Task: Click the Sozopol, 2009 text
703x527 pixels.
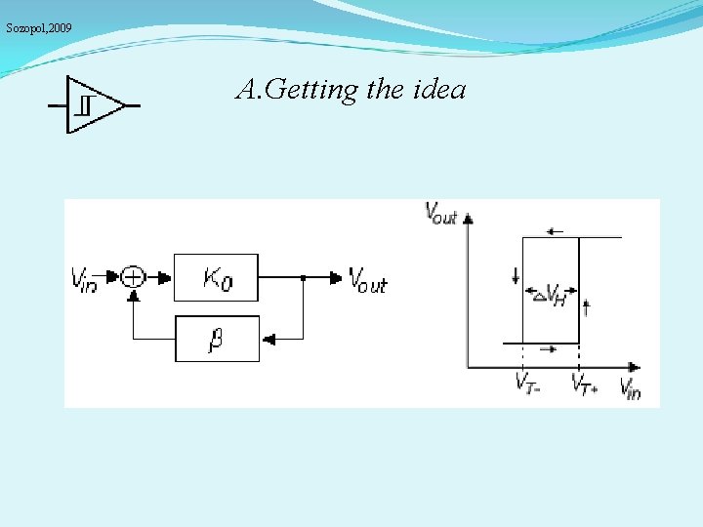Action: [38, 28]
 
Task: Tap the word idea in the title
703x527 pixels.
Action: [439, 90]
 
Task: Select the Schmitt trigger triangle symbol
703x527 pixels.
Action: [94, 103]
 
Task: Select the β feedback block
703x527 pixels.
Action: [217, 339]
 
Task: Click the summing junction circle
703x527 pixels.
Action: [133, 277]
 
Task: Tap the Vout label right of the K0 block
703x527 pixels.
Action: [368, 281]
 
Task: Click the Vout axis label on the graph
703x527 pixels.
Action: [440, 213]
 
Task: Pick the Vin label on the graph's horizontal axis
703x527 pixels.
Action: [631, 387]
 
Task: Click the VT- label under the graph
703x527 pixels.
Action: [528, 383]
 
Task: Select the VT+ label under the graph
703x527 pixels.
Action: [585, 383]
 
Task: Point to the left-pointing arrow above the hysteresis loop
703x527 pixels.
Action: [556, 231]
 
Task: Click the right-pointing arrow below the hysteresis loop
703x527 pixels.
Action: [549, 347]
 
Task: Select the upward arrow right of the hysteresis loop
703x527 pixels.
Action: [586, 308]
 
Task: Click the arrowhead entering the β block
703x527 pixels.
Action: [269, 339]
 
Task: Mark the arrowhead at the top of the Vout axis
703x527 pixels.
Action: [470, 218]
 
